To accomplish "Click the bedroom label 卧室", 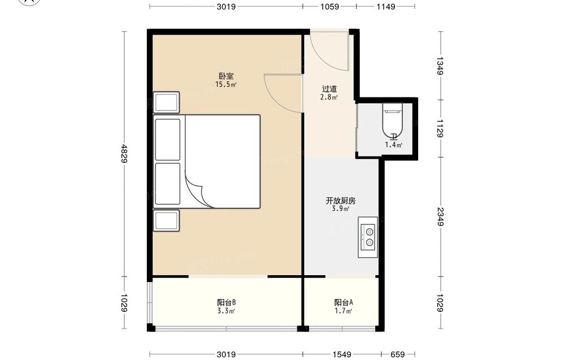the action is (227, 76).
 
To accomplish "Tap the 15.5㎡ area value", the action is (226, 85).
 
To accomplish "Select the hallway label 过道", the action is (329, 89).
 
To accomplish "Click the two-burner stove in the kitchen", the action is (368, 237).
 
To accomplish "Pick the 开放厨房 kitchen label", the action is (341, 201).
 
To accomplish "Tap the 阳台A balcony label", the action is (344, 302).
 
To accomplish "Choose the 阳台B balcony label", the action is (227, 302).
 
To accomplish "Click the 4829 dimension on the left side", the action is (124, 154).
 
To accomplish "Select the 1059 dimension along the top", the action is (330, 6).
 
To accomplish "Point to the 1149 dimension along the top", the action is (386, 6).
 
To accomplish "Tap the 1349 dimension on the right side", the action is (440, 66).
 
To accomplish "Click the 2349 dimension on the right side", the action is (440, 216).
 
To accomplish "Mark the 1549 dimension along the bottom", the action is (342, 354).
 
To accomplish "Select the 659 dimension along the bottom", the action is (398, 354).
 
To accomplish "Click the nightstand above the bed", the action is (167, 102).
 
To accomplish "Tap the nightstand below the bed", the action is (167, 220).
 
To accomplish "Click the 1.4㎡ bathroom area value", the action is (393, 145).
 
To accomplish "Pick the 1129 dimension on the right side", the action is (440, 129).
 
